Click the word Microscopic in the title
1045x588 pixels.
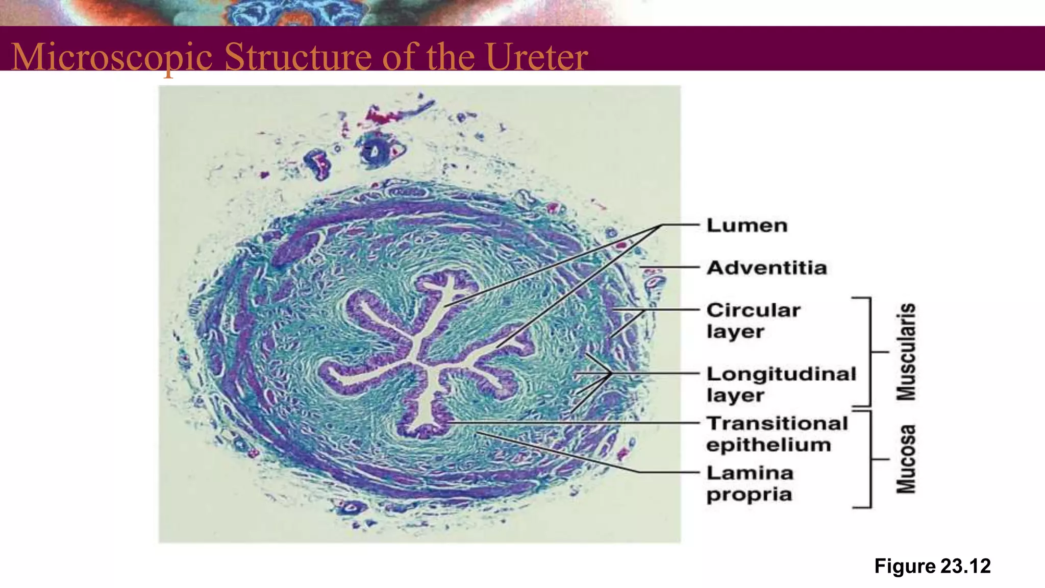click(x=112, y=57)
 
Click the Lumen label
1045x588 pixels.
click(x=747, y=226)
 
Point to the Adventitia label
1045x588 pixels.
click(x=766, y=268)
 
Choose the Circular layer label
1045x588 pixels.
click(x=753, y=321)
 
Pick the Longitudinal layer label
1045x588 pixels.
click(x=781, y=384)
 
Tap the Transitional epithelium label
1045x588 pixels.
click(x=777, y=434)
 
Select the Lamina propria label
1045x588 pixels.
click(x=750, y=483)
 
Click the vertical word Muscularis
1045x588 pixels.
click(x=906, y=352)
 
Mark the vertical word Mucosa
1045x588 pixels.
click(x=906, y=459)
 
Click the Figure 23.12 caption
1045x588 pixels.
click(x=932, y=566)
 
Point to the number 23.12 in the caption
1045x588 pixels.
click(x=965, y=566)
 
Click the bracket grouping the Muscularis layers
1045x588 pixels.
click(x=869, y=352)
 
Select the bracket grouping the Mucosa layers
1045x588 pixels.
click(x=869, y=459)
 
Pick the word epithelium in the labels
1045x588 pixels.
click(x=768, y=445)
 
